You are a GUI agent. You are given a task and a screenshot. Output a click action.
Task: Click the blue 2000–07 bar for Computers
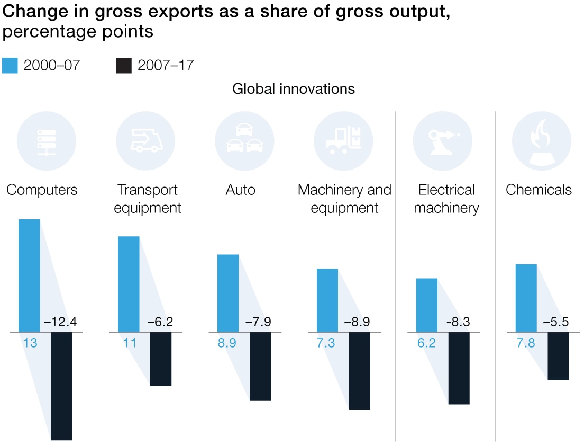[30, 275]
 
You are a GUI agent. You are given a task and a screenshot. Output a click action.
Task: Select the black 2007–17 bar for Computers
[61, 386]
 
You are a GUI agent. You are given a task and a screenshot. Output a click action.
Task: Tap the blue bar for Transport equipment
[129, 284]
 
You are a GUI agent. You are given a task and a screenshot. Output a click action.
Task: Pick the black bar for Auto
[260, 366]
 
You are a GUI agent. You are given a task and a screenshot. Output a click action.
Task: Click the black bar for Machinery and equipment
[359, 370]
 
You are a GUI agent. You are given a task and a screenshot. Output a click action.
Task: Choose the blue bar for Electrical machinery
[427, 305]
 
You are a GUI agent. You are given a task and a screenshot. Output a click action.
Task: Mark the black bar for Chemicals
[558, 356]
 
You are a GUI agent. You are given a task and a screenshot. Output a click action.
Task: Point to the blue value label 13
[30, 343]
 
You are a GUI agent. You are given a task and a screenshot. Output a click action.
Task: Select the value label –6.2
[160, 322]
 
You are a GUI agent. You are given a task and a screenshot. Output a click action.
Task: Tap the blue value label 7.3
[326, 343]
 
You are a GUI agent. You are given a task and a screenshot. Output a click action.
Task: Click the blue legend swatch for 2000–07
[11, 66]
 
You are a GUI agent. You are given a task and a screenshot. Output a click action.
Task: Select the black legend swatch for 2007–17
[123, 66]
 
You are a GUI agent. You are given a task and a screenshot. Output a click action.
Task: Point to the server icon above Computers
[46, 141]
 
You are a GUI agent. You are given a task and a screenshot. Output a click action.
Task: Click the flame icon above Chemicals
[541, 141]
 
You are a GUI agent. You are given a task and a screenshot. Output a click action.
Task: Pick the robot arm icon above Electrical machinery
[442, 141]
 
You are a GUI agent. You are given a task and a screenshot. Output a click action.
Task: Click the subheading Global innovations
[294, 89]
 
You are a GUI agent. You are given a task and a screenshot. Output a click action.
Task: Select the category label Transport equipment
[148, 199]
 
